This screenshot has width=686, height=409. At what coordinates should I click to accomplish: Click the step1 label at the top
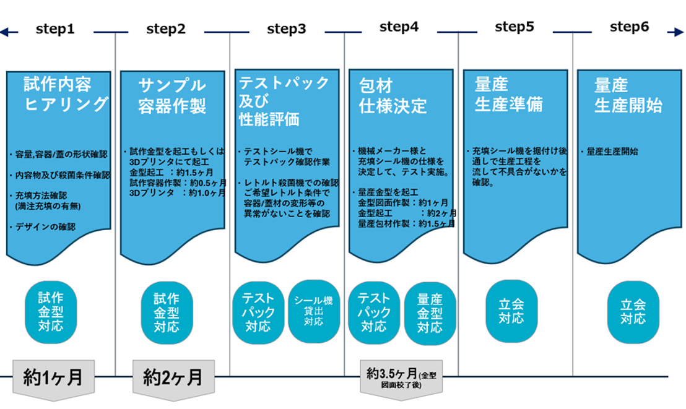[x=55, y=28]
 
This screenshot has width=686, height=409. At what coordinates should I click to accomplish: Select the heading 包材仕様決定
[x=393, y=95]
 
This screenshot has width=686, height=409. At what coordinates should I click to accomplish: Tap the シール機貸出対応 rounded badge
[x=314, y=313]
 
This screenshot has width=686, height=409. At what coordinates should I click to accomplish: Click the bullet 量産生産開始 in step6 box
[x=610, y=151]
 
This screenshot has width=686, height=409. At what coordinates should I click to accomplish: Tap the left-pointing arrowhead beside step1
[x=4, y=32]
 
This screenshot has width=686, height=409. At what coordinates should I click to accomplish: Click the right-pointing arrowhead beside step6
[x=671, y=32]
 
